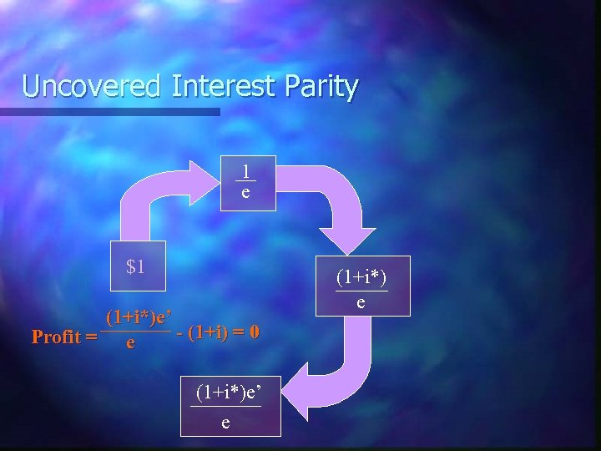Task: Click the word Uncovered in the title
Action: pos(91,86)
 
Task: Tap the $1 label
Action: pos(136,267)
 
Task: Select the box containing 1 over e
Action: pos(245,183)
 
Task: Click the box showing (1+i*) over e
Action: pos(361,286)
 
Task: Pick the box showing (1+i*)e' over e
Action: pos(226,406)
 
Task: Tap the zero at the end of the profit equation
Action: pos(254,332)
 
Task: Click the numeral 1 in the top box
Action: pos(245,171)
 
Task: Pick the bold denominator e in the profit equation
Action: pos(129,343)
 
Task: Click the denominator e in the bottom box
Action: pos(226,422)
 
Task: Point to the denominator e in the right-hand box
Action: pos(361,302)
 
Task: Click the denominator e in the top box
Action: pos(245,194)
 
